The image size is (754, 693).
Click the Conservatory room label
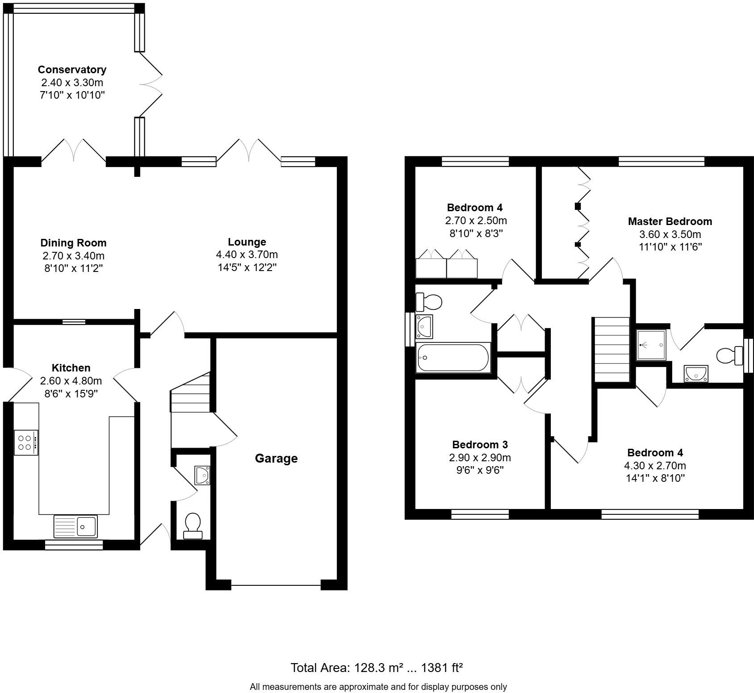(72, 70)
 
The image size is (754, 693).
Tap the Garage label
(276, 459)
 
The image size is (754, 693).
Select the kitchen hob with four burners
(26, 443)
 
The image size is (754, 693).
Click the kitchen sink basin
(87, 526)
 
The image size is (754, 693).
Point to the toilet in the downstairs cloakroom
(193, 525)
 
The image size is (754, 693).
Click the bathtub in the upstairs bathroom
(453, 357)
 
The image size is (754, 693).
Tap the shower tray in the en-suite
(651, 345)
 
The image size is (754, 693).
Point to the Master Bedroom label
(670, 221)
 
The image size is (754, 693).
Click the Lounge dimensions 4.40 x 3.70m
(247, 255)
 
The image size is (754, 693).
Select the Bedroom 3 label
(480, 445)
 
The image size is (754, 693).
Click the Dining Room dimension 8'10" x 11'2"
(74, 268)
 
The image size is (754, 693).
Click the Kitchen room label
(71, 368)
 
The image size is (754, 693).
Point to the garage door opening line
(276, 584)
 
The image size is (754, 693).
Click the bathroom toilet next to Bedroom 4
(429, 302)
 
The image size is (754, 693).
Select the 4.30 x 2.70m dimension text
(655, 466)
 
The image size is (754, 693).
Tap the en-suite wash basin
(695, 374)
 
